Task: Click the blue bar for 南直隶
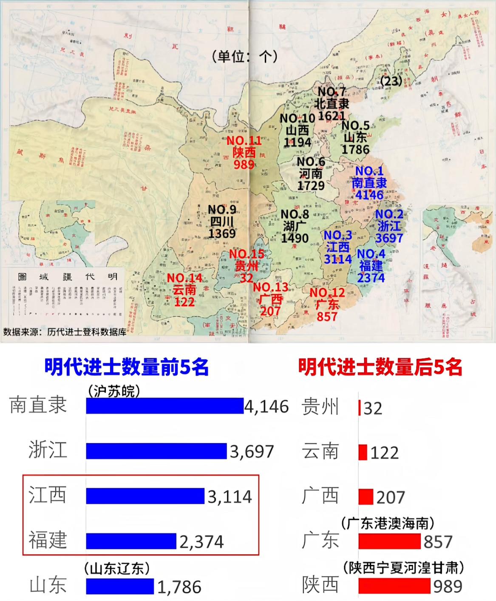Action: tap(165, 406)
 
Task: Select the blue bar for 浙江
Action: tap(156, 451)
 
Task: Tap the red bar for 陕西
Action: tap(394, 586)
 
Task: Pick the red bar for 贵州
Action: tap(360, 407)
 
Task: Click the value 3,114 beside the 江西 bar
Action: tap(230, 496)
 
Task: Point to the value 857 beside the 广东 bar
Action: tap(438, 541)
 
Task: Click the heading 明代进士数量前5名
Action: tap(126, 367)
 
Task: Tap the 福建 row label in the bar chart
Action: tap(48, 540)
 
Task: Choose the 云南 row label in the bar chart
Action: tap(320, 452)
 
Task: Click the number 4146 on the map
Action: tap(369, 195)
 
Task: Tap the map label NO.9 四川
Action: tap(222, 221)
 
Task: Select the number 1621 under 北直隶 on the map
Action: tap(332, 115)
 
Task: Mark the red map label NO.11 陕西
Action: tap(244, 152)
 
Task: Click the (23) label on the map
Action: tap(391, 81)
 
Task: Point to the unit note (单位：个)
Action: tap(245, 56)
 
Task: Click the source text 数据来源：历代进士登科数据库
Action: tap(65, 332)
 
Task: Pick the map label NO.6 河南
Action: tap(311, 174)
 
